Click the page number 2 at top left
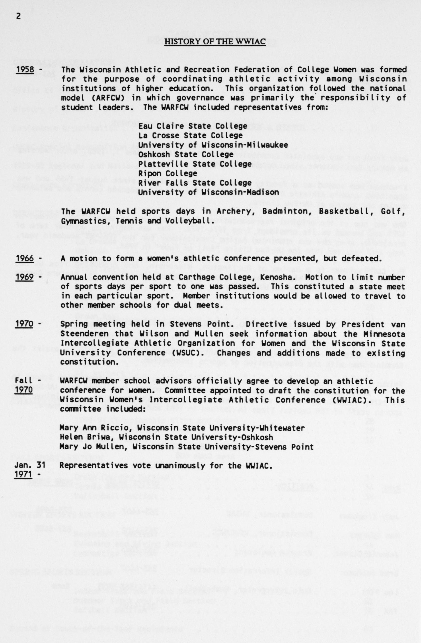pyautogui.click(x=18, y=16)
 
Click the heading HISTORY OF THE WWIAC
pyautogui.click(x=215, y=42)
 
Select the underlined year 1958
pyautogui.click(x=25, y=70)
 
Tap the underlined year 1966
pyautogui.click(x=25, y=258)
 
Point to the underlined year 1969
pyautogui.click(x=25, y=277)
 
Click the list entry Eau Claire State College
pyautogui.click(x=193, y=126)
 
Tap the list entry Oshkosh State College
pyautogui.click(x=186, y=154)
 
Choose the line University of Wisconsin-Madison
pyautogui.click(x=208, y=192)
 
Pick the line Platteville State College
pyautogui.click(x=195, y=164)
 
